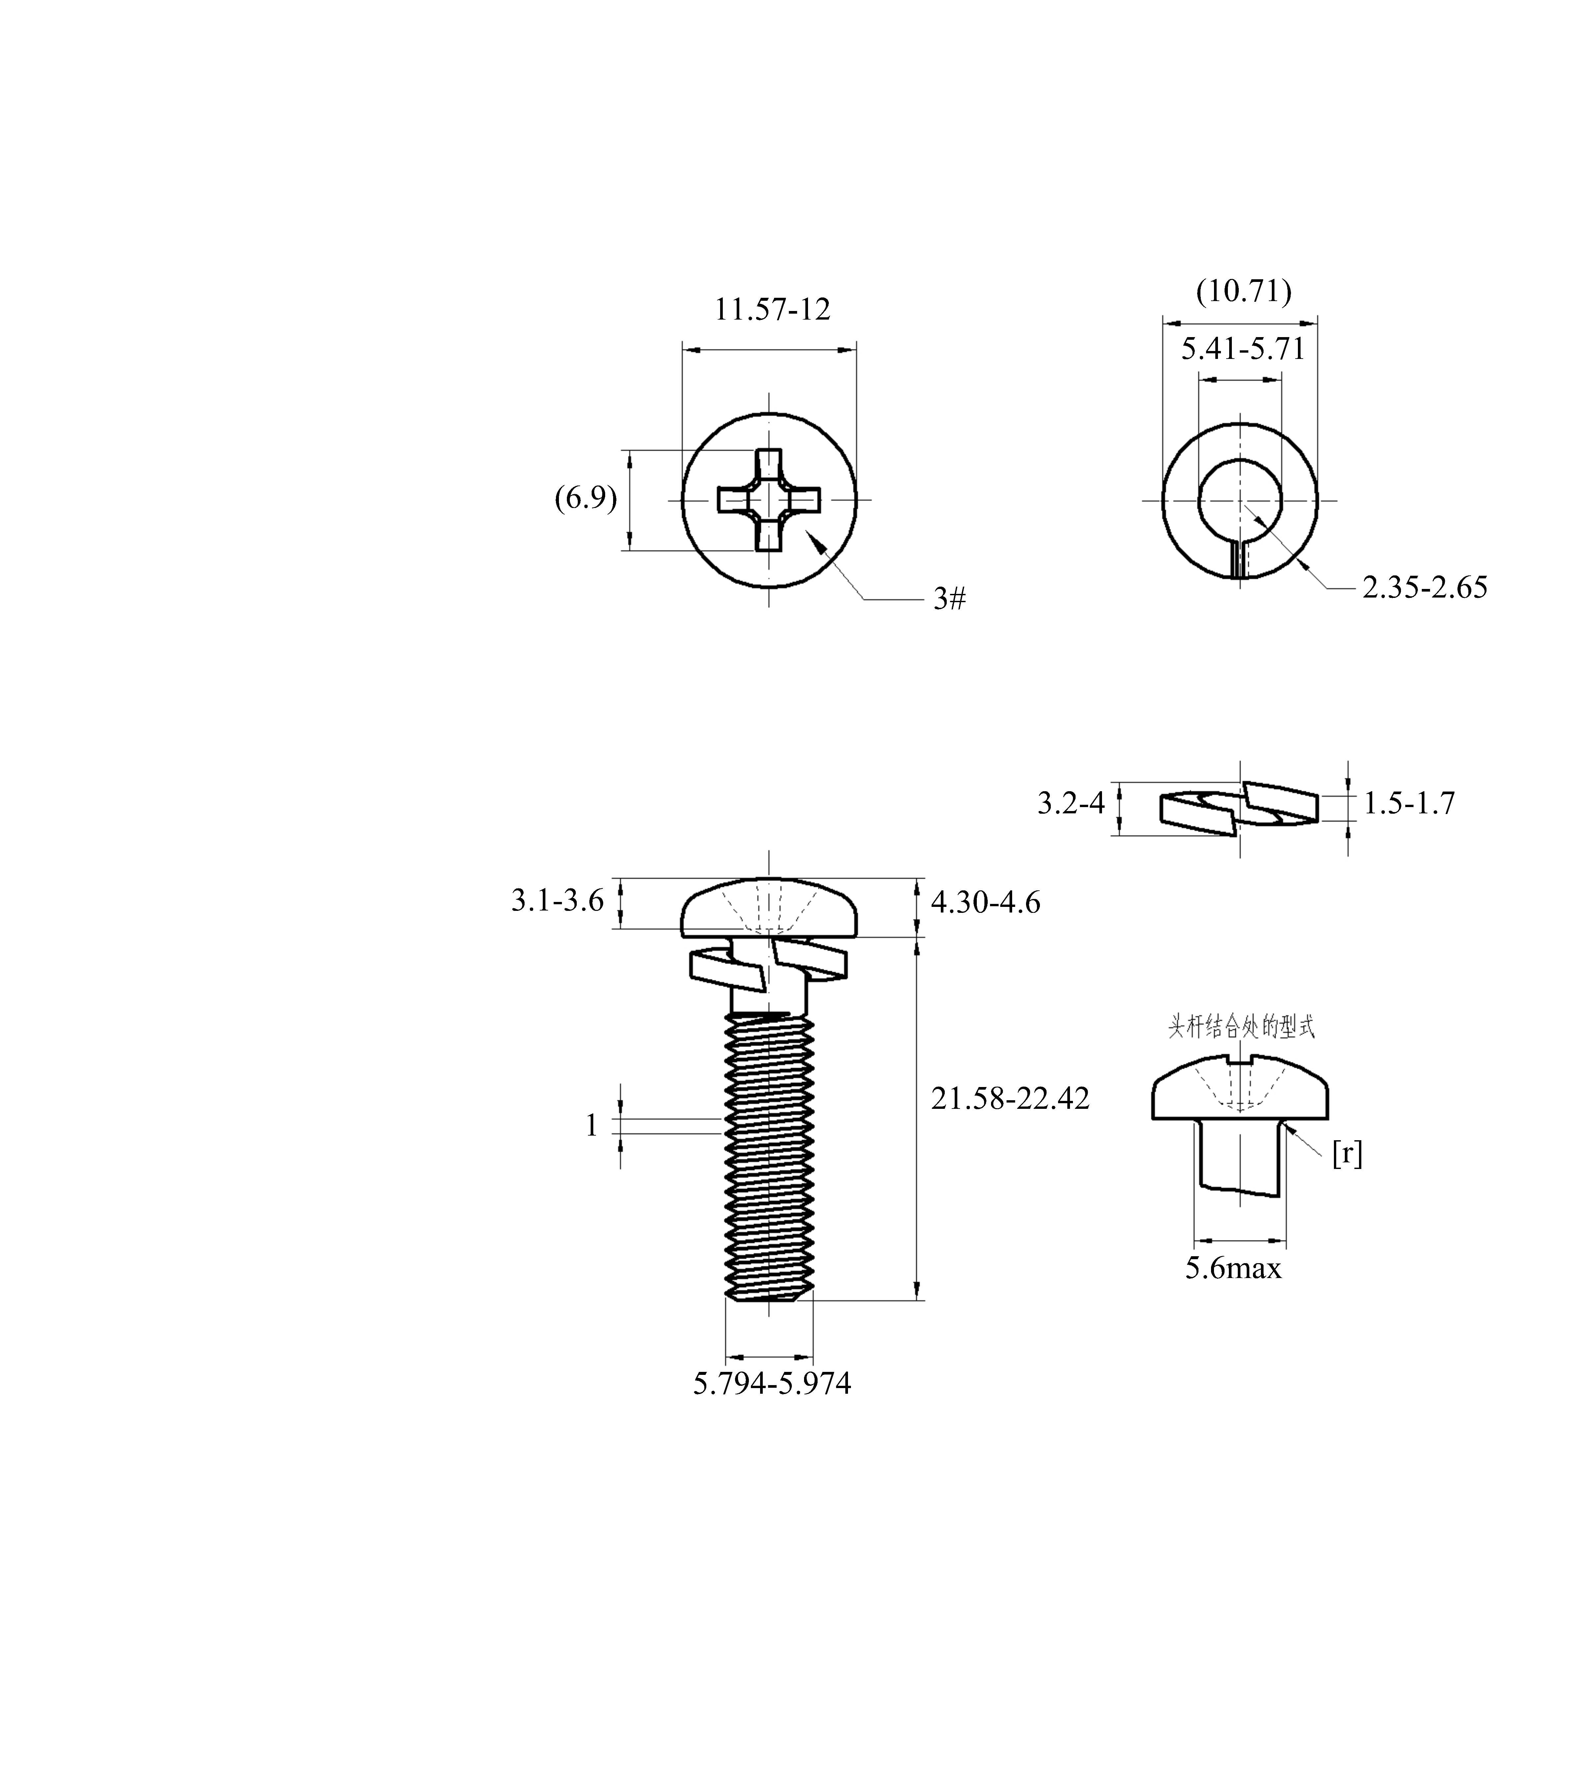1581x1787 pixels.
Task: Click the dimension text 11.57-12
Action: click(773, 309)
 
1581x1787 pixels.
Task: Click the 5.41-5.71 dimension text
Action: click(1243, 349)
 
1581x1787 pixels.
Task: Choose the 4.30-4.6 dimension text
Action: click(986, 902)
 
